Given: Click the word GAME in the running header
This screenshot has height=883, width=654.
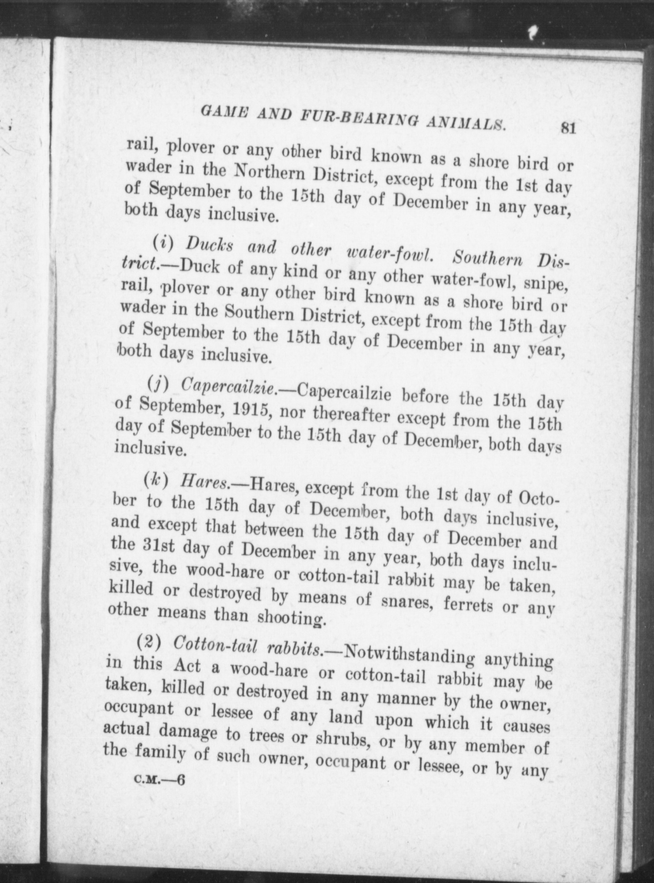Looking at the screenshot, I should coord(220,110).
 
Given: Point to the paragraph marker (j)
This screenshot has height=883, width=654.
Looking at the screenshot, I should coord(157,385).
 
